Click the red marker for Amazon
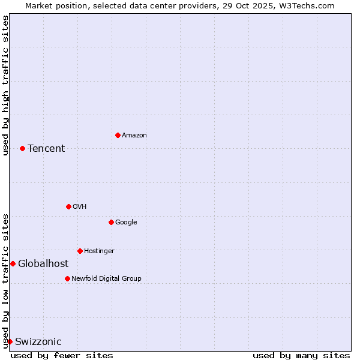118,135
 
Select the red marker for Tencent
22,148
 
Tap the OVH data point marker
68,206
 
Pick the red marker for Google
111,222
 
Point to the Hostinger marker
80,251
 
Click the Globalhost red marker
13,263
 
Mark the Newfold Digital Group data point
67,278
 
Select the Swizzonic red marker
10,341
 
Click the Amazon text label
134,136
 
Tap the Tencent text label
46,149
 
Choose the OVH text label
80,207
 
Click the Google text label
126,223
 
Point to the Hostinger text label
99,251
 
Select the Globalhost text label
43,264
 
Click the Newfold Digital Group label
106,279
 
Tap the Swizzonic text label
38,342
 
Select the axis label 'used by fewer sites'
62,355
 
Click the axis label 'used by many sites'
301,355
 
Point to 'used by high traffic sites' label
6,85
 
